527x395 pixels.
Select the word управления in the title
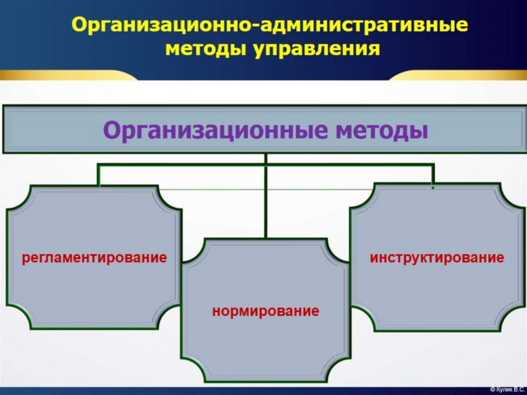(315, 49)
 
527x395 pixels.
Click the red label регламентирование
(94, 257)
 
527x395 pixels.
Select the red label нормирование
(266, 311)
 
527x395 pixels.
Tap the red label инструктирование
(437, 257)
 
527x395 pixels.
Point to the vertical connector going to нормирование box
(266, 201)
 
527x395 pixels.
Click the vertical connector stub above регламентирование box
(98, 175)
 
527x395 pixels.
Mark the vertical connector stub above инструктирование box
(433, 175)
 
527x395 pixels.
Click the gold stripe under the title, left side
(67, 75)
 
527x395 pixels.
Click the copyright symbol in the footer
(493, 390)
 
